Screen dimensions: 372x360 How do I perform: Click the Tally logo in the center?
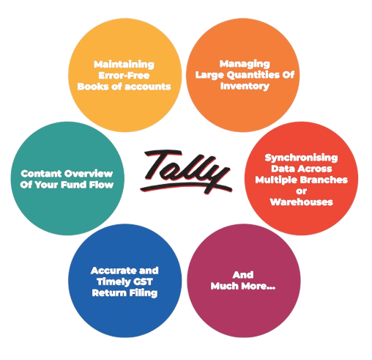[185, 171]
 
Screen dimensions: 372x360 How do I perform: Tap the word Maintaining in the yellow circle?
[124, 65]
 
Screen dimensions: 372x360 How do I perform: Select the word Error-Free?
[124, 76]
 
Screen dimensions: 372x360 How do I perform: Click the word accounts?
[148, 87]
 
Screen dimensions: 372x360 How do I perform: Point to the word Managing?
[245, 65]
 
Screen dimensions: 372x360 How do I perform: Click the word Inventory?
[245, 86]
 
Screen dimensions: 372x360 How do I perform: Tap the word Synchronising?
[301, 158]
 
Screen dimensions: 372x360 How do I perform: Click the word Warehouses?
[301, 202]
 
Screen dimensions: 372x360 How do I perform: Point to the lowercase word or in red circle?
[301, 191]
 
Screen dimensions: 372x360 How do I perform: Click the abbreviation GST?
[142, 282]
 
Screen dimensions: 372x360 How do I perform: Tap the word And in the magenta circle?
[243, 275]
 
